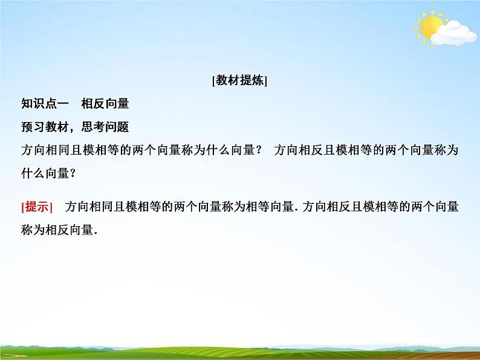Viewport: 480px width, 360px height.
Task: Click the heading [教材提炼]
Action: [x=240, y=82]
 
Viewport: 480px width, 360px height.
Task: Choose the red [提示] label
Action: [x=37, y=207]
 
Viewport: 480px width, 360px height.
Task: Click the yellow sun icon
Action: [x=430, y=28]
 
